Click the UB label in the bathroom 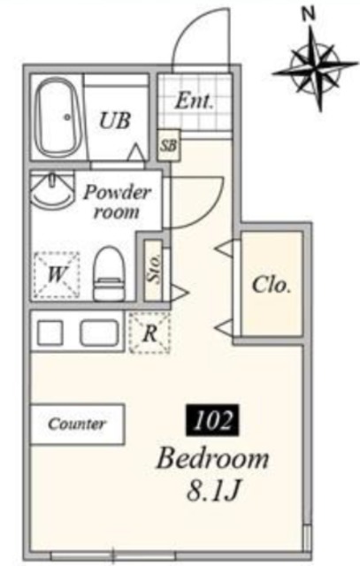(x=114, y=120)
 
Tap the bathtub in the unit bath (x=59, y=118)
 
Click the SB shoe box (x=169, y=145)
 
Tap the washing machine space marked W (x=57, y=275)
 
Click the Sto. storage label (x=153, y=269)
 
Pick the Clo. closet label (x=272, y=285)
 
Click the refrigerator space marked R (x=149, y=333)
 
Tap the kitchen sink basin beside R (x=99, y=333)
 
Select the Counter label (x=77, y=424)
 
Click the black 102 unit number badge (x=212, y=420)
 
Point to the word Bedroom (x=212, y=458)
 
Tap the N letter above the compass (x=308, y=14)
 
